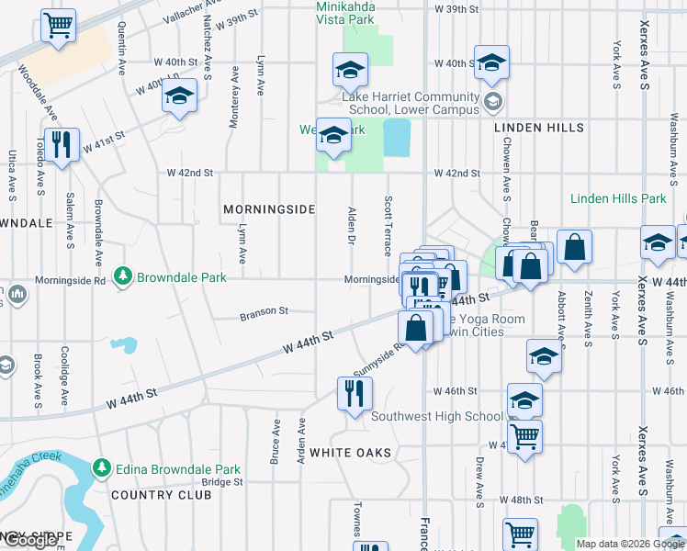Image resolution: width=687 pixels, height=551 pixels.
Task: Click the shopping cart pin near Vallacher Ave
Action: coord(58,27)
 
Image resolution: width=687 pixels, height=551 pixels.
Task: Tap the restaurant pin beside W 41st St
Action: coord(62,146)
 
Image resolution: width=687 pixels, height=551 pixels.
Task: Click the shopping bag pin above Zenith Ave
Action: coord(574,247)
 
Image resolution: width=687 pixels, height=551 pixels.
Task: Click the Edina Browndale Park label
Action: coord(167,469)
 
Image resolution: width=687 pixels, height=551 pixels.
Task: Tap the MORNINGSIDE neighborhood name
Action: coord(269,209)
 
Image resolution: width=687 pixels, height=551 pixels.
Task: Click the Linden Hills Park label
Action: coord(618,198)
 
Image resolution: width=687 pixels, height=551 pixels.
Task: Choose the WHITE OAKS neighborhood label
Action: coord(351,453)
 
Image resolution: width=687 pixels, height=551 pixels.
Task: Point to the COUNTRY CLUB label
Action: coord(161,495)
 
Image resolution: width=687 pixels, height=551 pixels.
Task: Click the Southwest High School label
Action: coord(437,416)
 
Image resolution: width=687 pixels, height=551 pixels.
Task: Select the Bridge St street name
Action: coord(221,482)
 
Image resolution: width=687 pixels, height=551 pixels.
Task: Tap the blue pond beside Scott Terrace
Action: coord(397,138)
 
